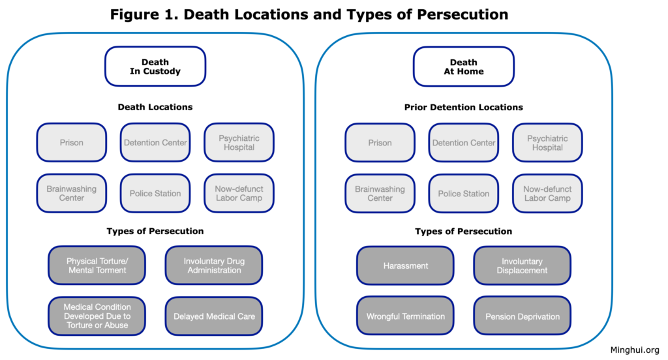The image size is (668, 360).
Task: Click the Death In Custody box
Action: click(x=155, y=67)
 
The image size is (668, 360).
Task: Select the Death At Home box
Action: click(x=464, y=67)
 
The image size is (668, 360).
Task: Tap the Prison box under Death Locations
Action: click(x=72, y=143)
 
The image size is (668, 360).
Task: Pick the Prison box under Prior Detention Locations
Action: click(x=380, y=143)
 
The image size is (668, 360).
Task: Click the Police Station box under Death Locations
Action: click(x=155, y=194)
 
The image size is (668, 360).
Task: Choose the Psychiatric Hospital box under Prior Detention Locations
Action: click(x=547, y=143)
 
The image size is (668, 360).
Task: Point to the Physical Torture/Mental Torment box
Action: click(x=97, y=265)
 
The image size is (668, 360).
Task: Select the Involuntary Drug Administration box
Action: click(x=214, y=265)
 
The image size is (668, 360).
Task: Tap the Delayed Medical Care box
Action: click(x=214, y=316)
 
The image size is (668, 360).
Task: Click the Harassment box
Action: click(x=406, y=265)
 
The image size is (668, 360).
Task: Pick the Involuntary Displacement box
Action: click(x=522, y=265)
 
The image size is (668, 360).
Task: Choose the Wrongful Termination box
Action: click(x=406, y=316)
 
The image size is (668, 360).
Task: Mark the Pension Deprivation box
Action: click(x=522, y=316)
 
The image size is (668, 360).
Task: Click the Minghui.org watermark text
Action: click(x=634, y=350)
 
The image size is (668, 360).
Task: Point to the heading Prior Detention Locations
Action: click(x=464, y=107)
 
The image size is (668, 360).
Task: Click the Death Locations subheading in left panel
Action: click(x=155, y=107)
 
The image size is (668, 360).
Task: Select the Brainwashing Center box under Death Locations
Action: click(x=72, y=194)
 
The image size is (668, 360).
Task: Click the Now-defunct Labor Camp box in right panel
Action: click(x=547, y=194)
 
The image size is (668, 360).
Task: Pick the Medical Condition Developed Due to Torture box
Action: click(x=97, y=316)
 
